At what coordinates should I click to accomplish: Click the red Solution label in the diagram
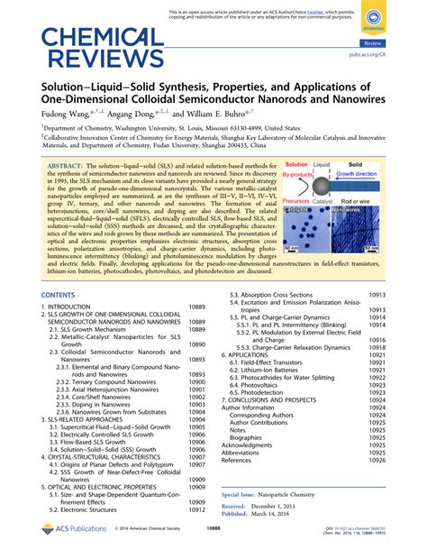[297, 165]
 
